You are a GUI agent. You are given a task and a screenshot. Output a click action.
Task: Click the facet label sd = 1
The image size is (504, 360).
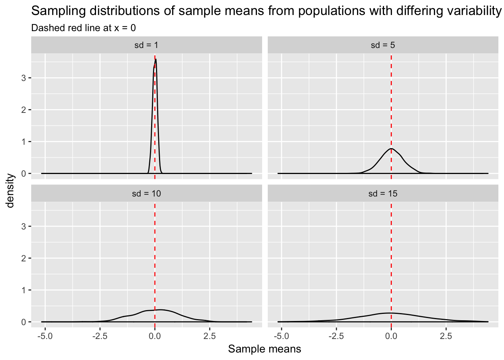pos(146,45)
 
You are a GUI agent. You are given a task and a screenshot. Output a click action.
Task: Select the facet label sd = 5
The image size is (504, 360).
pos(383,45)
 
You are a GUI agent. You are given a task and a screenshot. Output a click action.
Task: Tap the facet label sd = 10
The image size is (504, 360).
pos(146,193)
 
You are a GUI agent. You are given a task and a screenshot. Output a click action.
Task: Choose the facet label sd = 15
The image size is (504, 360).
pos(383,193)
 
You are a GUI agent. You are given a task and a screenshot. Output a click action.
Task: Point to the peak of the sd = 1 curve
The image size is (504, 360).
pos(156,59)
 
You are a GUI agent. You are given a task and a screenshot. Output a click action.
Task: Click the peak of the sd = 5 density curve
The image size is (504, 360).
pos(391,148)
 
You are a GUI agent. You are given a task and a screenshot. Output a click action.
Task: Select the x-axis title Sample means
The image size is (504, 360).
pos(264,349)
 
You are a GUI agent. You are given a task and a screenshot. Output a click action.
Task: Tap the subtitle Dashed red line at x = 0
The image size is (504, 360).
pos(83,28)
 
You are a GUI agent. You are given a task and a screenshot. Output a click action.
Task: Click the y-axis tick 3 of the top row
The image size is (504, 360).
pos(24,78)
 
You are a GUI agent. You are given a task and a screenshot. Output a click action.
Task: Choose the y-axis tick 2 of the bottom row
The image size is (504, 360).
pos(24,258)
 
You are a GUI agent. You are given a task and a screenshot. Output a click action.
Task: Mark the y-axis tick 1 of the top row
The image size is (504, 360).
pos(24,142)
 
